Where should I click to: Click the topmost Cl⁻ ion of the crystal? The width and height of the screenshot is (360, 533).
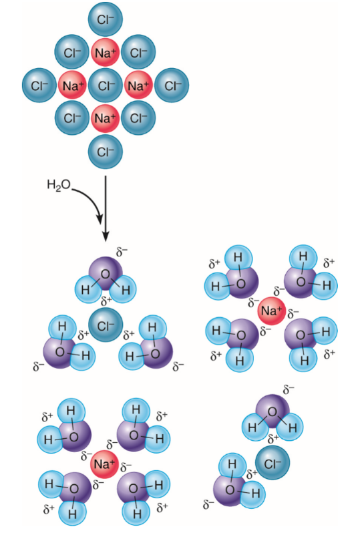pos(105,19)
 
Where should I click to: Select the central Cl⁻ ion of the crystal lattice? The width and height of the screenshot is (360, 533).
pos(105,85)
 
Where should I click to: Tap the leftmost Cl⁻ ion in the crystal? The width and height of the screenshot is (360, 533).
pos(39,85)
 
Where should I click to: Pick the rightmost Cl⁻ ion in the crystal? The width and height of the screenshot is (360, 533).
pos(172,85)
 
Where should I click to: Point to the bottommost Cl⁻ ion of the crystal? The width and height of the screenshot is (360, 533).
pos(105,152)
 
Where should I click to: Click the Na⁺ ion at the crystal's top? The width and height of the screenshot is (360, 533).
pos(105,52)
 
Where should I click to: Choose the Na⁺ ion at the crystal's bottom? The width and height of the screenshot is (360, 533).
pos(105,118)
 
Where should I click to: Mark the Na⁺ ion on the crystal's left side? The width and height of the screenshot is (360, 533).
pos(72,85)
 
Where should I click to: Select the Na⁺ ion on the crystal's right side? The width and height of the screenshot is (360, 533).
pos(138,85)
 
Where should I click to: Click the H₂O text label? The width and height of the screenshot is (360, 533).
pos(59,185)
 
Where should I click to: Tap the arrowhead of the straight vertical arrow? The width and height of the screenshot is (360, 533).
pos(106,236)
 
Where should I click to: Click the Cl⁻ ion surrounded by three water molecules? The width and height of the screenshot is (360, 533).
pos(106,325)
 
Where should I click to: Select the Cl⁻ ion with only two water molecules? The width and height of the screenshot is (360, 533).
pos(273,462)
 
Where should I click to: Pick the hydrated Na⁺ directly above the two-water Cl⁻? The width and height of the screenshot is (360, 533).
pos(271,311)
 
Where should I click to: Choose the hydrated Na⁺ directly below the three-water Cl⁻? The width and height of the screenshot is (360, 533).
pos(104,464)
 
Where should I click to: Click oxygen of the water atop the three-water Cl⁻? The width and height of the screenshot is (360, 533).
pos(106,274)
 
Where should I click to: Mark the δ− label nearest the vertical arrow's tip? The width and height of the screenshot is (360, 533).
pos(122,252)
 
